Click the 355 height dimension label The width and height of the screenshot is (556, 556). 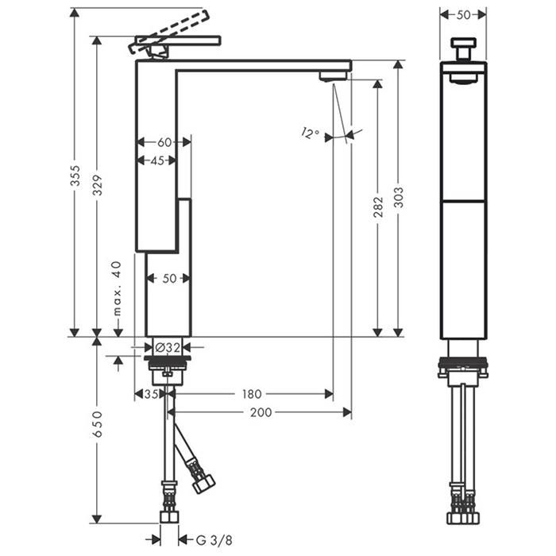(x=75, y=176)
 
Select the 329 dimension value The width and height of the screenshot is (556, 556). (x=97, y=185)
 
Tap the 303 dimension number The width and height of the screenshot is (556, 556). (x=399, y=198)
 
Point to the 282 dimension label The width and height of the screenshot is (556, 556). (x=378, y=207)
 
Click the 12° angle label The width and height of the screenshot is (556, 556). (x=311, y=133)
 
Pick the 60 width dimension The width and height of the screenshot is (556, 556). (x=164, y=142)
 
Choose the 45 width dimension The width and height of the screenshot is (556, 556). (x=157, y=160)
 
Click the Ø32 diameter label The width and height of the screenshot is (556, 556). (x=168, y=348)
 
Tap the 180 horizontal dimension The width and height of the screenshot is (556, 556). (x=252, y=394)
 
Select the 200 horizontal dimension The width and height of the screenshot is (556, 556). (x=261, y=412)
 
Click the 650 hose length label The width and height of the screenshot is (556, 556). (x=97, y=424)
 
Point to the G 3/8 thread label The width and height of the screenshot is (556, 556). (x=214, y=540)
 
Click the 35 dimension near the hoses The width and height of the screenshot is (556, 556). (x=151, y=394)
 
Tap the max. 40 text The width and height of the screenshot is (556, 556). (x=117, y=288)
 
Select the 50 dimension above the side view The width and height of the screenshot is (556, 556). (x=463, y=15)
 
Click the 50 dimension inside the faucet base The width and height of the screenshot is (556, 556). (x=169, y=279)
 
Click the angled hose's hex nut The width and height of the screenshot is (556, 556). (x=204, y=484)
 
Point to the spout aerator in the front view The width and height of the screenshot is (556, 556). (x=333, y=76)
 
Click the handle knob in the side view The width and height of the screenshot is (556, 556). (x=463, y=48)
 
